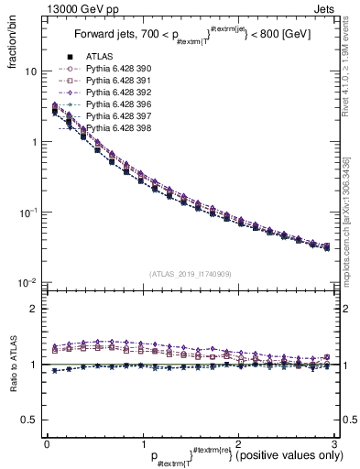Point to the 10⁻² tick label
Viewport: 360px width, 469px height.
pyautogui.click(x=27, y=282)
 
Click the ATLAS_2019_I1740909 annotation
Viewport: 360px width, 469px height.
pyautogui.click(x=191, y=273)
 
